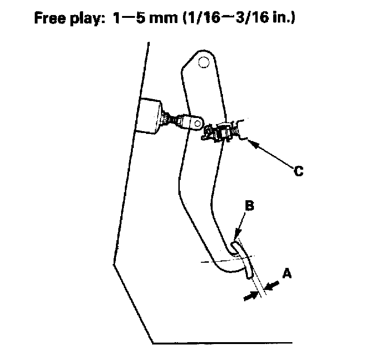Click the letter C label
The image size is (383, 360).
[298, 171]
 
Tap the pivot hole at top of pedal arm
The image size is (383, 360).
[203, 62]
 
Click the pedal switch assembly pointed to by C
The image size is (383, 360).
[221, 131]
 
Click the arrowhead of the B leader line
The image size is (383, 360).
[238, 239]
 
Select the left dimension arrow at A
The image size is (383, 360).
[252, 294]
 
